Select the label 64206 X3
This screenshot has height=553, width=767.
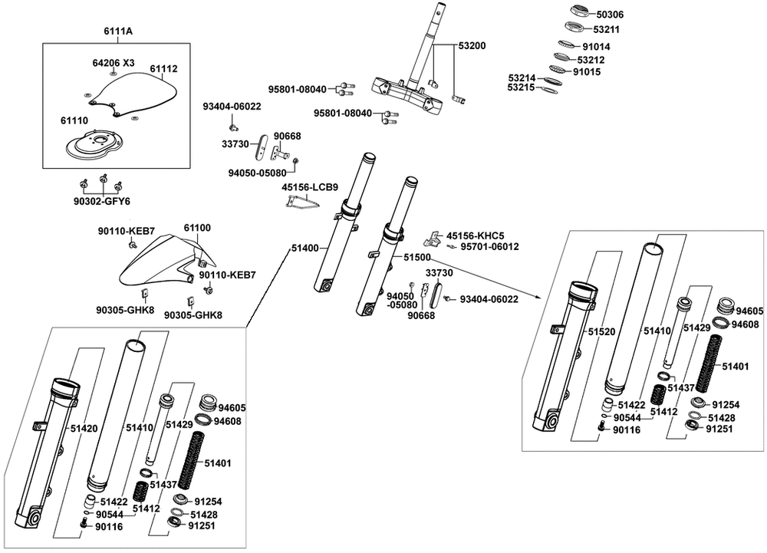point(114,62)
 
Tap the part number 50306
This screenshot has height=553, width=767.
point(610,15)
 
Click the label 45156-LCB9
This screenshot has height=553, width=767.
point(310,186)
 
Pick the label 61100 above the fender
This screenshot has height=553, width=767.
point(197,228)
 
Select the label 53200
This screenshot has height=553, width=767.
point(472,46)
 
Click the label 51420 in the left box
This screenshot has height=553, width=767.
point(84,429)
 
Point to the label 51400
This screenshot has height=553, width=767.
point(305,249)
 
